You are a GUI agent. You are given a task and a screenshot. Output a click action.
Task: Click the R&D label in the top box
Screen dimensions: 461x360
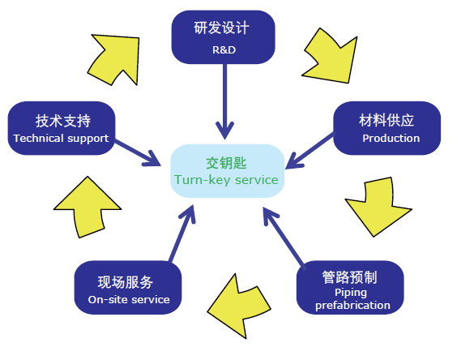click(224, 49)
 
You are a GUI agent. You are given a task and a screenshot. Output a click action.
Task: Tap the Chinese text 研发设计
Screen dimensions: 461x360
click(222, 28)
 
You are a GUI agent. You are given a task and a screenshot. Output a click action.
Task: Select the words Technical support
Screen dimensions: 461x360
click(61, 138)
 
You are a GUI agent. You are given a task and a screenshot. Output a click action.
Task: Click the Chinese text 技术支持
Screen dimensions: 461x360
click(63, 121)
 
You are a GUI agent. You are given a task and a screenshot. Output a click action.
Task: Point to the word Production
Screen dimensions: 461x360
click(391, 138)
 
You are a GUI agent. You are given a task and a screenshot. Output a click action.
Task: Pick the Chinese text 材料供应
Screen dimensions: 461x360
click(386, 120)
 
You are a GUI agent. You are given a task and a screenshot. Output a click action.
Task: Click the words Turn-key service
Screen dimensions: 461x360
click(226, 180)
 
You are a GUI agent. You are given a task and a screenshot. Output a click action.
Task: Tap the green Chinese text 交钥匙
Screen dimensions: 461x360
click(226, 163)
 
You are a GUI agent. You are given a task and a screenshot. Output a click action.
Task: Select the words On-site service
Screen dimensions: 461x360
click(129, 299)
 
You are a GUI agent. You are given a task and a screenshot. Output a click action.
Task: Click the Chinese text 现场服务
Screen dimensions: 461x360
click(126, 282)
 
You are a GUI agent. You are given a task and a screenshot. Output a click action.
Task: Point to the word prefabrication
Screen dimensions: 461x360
click(352, 306)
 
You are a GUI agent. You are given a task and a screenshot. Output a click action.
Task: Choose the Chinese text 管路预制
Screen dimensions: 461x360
click(349, 277)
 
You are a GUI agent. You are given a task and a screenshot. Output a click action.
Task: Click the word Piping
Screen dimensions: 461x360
click(351, 293)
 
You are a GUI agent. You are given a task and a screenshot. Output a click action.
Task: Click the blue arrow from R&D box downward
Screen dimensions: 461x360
click(225, 101)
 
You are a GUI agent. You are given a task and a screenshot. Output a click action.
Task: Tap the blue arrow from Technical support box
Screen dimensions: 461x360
click(137, 152)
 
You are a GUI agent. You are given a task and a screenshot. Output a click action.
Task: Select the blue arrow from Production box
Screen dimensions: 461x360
click(310, 151)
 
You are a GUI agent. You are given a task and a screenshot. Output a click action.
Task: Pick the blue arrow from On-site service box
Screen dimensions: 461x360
click(182, 234)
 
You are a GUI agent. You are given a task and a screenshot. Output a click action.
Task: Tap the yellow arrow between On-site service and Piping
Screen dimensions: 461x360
click(239, 306)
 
